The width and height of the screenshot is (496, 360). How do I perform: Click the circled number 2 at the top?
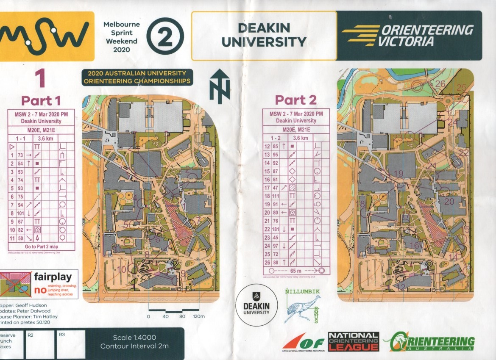point(165,36)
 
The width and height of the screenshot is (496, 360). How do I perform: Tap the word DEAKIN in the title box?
point(264,28)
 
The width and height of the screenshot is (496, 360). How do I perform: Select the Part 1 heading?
point(41,101)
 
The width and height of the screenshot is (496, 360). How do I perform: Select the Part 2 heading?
point(295,100)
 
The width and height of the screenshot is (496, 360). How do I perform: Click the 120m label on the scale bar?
point(199,316)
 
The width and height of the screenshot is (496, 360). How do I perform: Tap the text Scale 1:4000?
point(134,338)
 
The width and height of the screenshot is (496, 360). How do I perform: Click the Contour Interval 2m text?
point(134,346)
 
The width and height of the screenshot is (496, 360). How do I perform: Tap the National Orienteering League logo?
point(353,341)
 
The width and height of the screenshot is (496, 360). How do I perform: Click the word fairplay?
point(53,278)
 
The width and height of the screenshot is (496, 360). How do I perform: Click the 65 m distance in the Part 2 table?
point(295,270)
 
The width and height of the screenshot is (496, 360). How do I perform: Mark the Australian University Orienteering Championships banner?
point(137,78)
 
